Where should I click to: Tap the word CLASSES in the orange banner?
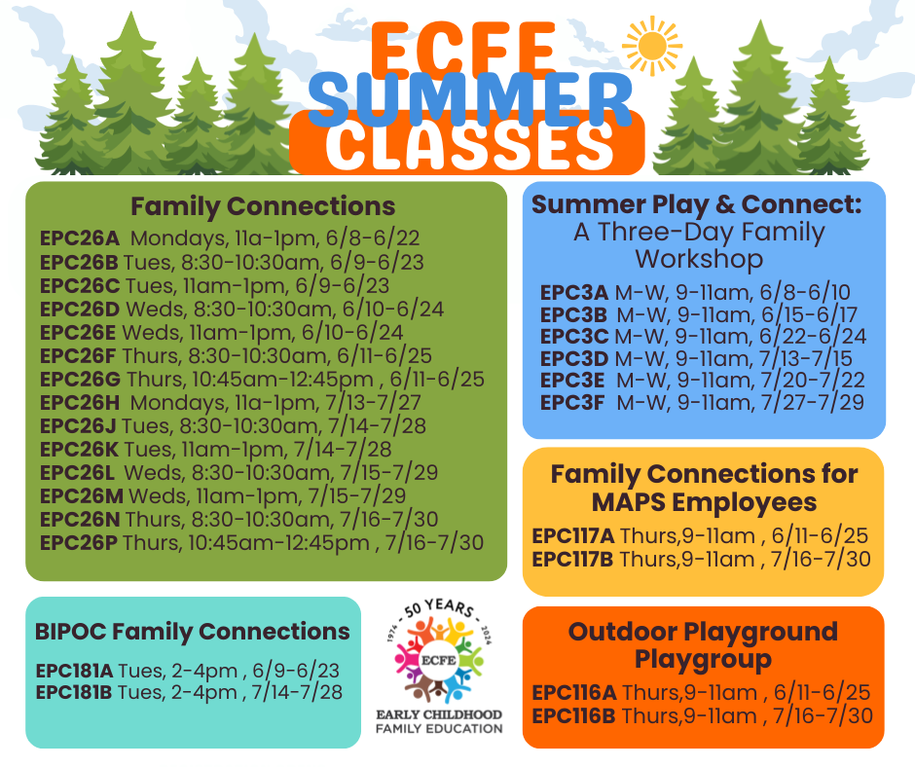470,149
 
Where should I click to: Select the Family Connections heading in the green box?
263,206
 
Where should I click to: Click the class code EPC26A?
79,238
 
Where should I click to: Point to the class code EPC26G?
81,379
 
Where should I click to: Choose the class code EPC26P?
80,542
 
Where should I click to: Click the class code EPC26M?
81,495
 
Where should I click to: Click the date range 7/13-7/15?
812,357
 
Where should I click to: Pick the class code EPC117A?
573,536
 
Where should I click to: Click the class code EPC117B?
573,560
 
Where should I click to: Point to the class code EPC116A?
573,693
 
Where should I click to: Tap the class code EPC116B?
573,716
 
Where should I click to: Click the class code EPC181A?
75,671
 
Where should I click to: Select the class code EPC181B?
75,692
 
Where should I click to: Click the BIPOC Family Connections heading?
193,631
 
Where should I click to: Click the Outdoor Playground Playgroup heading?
703,645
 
